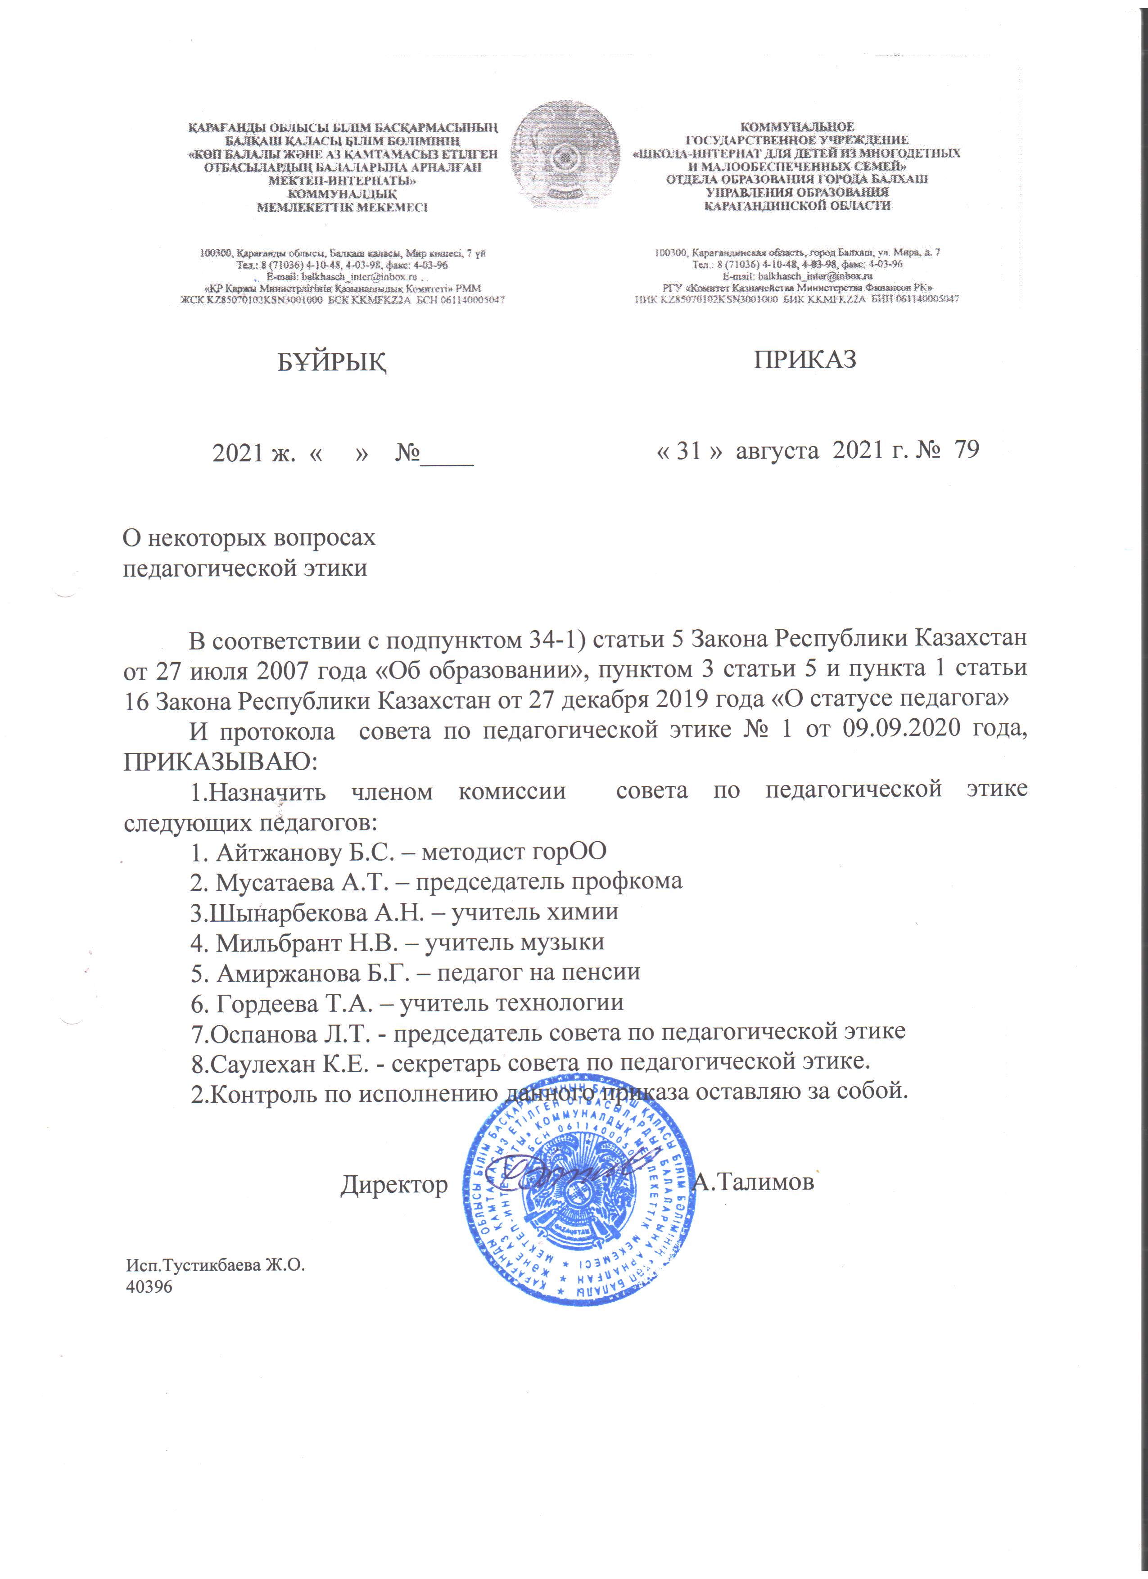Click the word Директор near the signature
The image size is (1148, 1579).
pyautogui.click(x=394, y=1185)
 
